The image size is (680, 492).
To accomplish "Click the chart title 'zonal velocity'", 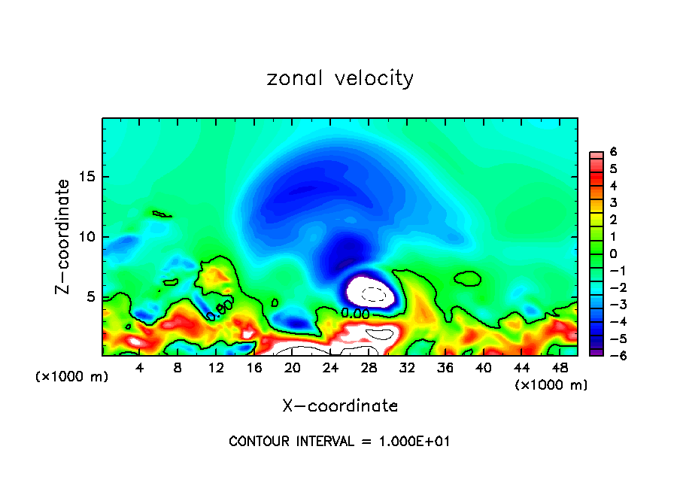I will tap(340, 78).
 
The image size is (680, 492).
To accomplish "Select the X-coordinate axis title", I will tap(340, 405).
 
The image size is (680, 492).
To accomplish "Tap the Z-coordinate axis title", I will tap(63, 236).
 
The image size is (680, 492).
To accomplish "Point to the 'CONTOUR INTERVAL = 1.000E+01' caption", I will tap(339, 441).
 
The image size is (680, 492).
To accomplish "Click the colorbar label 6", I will tap(613, 152).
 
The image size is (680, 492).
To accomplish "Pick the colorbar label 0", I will tap(613, 253).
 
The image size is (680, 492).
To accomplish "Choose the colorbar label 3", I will tap(613, 202).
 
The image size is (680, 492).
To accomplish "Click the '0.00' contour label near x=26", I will tap(356, 312).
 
